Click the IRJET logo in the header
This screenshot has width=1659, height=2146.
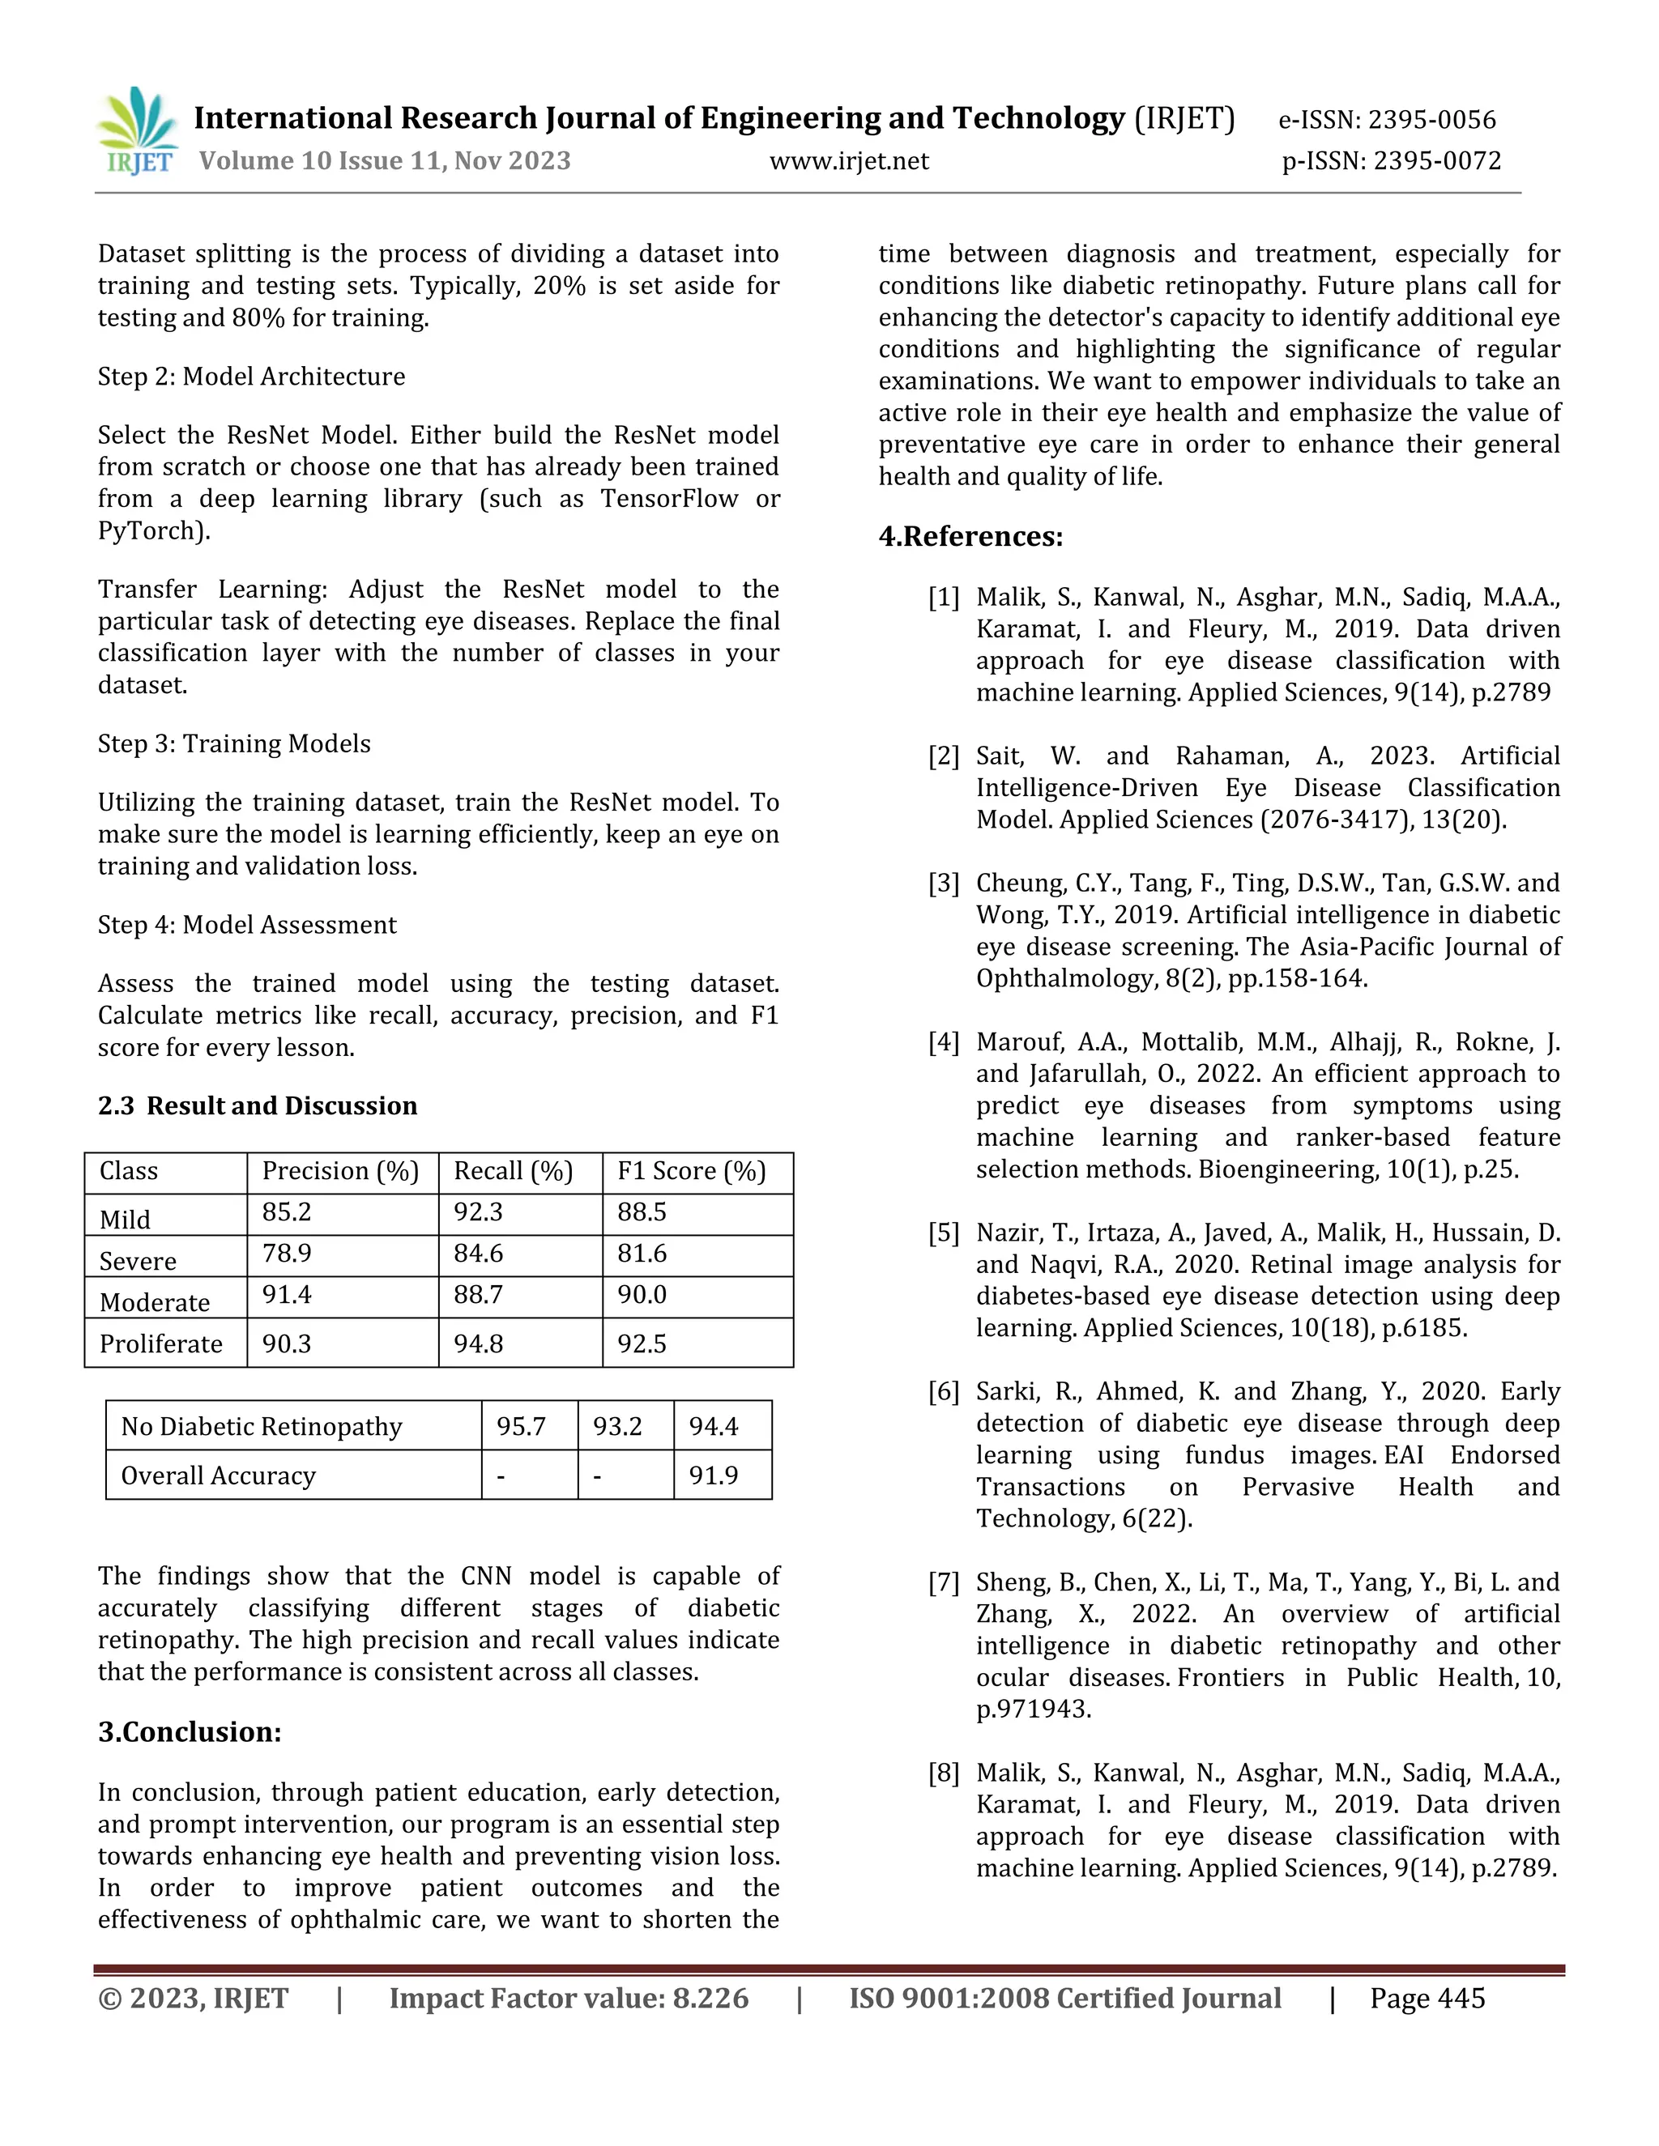pyautogui.click(x=139, y=132)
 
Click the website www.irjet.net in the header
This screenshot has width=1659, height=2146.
pyautogui.click(x=848, y=161)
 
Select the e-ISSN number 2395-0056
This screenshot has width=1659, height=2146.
pyautogui.click(x=1432, y=120)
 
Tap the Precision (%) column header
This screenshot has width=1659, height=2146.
pyautogui.click(x=340, y=1171)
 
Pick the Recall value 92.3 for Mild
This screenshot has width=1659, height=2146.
pyautogui.click(x=478, y=1212)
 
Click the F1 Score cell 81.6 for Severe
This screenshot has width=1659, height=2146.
pyautogui.click(x=642, y=1254)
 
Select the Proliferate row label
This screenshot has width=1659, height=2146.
pyautogui.click(x=161, y=1343)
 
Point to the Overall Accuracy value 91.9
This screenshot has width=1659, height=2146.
pyautogui.click(x=714, y=1475)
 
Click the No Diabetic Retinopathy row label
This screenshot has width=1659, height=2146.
pyautogui.click(x=262, y=1427)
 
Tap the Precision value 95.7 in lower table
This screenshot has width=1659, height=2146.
pyautogui.click(x=521, y=1427)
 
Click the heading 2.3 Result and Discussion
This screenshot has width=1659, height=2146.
pyautogui.click(x=258, y=1106)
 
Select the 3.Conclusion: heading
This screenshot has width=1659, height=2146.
pyautogui.click(x=190, y=1732)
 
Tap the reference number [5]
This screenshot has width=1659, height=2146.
pyautogui.click(x=943, y=1233)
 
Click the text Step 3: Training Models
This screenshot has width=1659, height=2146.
pyautogui.click(x=234, y=744)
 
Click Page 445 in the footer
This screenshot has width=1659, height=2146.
pyautogui.click(x=1427, y=1999)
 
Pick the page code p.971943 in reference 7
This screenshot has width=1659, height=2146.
pyautogui.click(x=1032, y=1709)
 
